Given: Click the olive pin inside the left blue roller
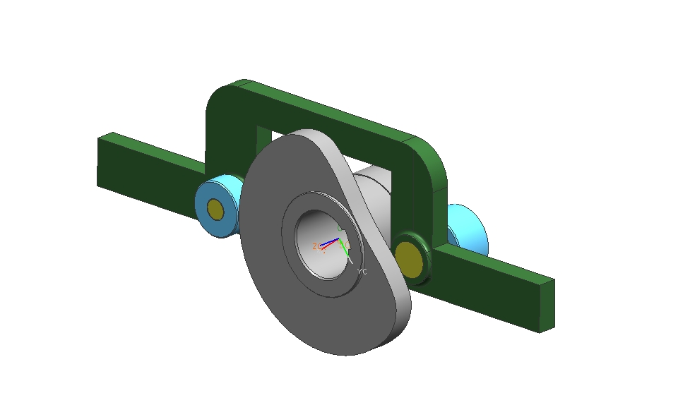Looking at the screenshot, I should coord(215,210).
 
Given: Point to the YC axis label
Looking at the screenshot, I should coord(362,271).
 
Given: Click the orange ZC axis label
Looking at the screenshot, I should coord(315,246).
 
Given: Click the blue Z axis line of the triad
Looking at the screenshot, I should coord(329,243).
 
